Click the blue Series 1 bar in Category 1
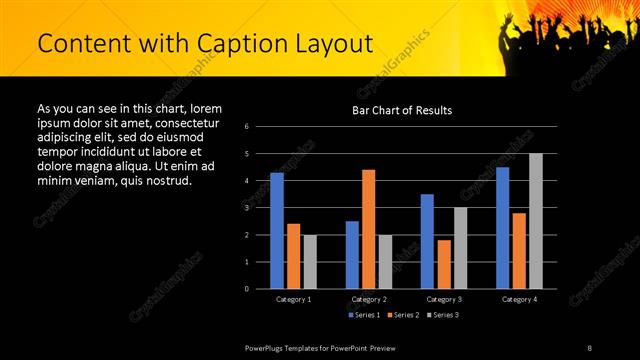277,231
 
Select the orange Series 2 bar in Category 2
368,229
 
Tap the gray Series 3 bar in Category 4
535,221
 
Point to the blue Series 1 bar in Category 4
502,228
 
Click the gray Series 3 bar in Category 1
310,262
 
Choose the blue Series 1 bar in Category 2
352,255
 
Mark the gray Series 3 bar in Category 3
460,248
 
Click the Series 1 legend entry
362,315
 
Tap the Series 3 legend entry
444,315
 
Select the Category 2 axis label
369,299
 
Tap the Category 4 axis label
519,299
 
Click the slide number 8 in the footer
590,347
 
